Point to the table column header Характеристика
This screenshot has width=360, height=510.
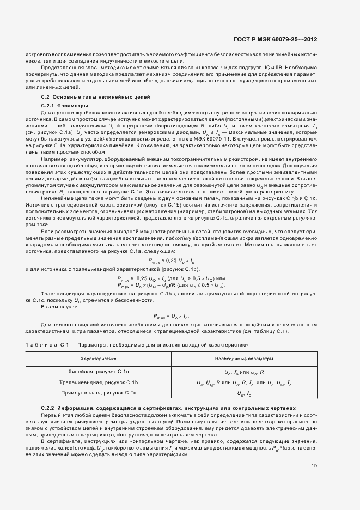pyautogui.click(x=99, y=359)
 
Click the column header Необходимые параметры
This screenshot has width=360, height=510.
pyautogui.click(x=244, y=359)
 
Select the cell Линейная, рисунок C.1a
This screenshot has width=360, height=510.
pyautogui.click(x=99, y=372)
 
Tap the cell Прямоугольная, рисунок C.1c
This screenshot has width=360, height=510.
pyautogui.click(x=99, y=392)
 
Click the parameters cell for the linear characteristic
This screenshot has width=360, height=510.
pyautogui.click(x=244, y=372)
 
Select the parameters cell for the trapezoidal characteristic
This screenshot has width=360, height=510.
pyautogui.click(x=244, y=382)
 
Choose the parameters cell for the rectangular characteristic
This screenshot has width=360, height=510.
pyautogui.click(x=244, y=393)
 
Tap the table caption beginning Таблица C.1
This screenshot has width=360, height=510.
pyautogui.click(x=136, y=344)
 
